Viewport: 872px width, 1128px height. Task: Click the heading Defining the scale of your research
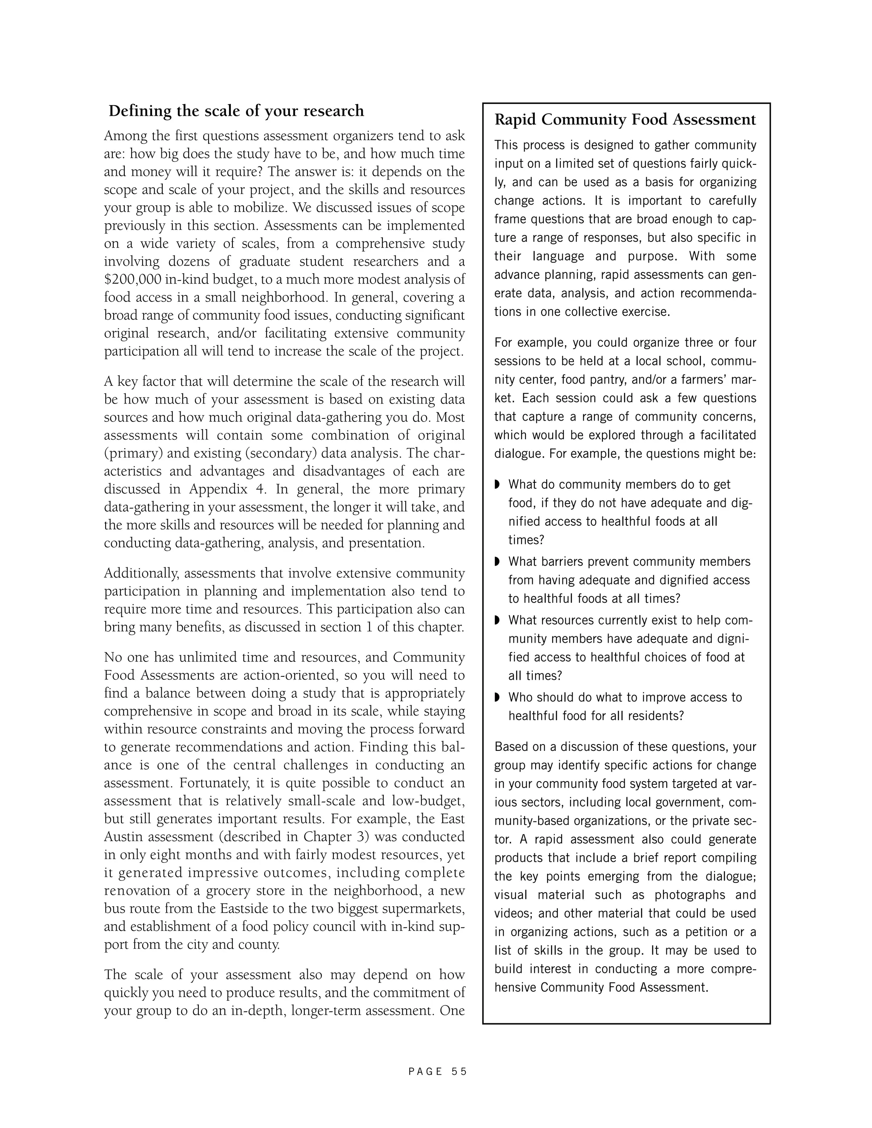pyautogui.click(x=236, y=111)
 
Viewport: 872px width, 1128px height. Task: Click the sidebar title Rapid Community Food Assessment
pyautogui.click(x=625, y=120)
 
